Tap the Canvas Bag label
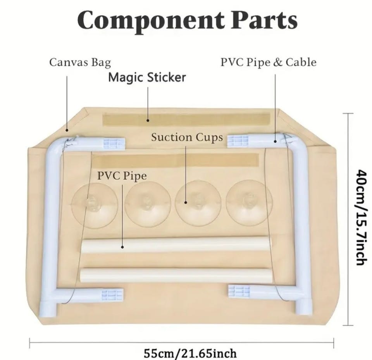80,62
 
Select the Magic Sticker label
147,77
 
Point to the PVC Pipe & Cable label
269,62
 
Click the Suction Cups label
187,137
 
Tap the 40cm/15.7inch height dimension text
362,217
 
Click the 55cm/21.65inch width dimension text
190,353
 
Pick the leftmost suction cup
95,205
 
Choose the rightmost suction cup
249,203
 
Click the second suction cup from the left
148,204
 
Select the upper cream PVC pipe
176,245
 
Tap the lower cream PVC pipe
176,275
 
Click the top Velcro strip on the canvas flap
186,120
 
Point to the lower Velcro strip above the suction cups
176,160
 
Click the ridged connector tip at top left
114,144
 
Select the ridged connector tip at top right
238,141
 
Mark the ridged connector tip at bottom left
112,295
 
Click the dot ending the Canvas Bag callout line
67,130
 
